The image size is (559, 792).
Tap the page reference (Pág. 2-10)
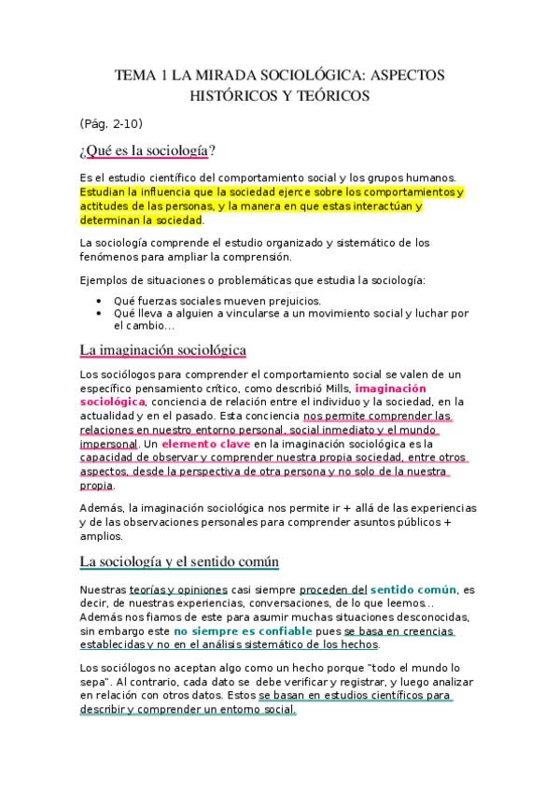[x=111, y=123]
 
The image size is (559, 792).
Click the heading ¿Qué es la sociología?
[x=148, y=150]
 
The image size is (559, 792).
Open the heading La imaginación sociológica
[x=163, y=350]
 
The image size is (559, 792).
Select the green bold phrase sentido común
[x=413, y=589]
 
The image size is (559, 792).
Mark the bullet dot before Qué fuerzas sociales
[x=100, y=301]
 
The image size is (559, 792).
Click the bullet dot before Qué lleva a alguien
[x=100, y=314]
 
